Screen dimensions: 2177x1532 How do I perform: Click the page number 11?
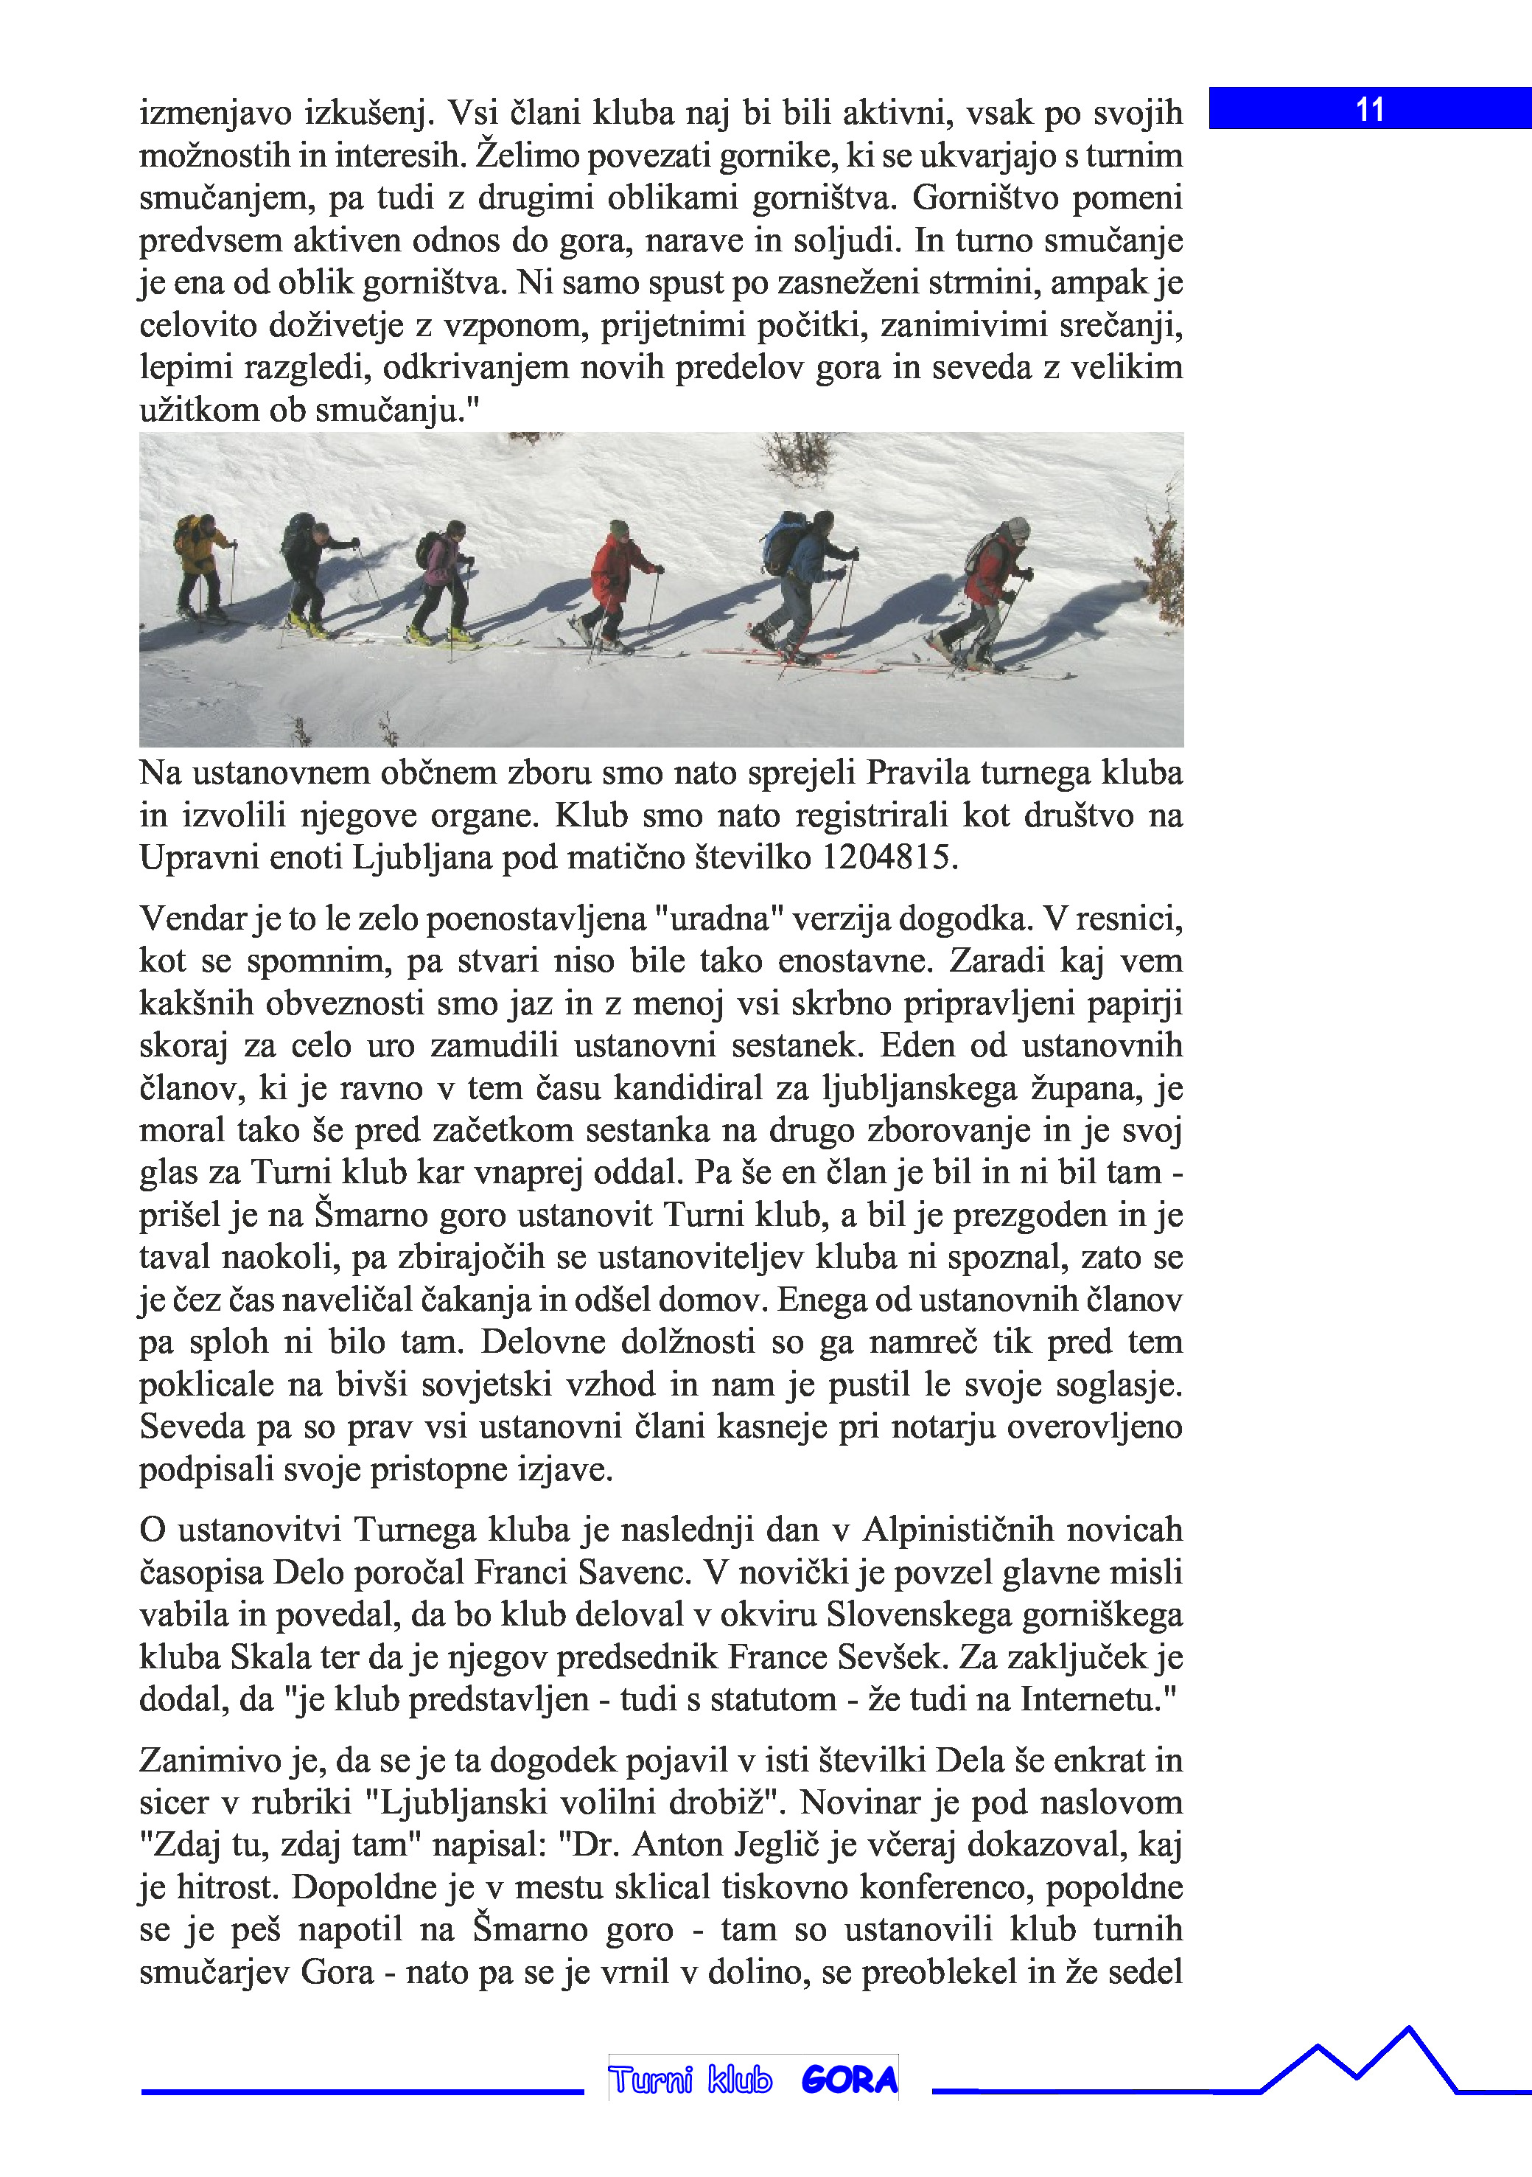[1370, 109]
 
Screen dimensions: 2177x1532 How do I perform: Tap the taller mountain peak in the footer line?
[1409, 2030]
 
